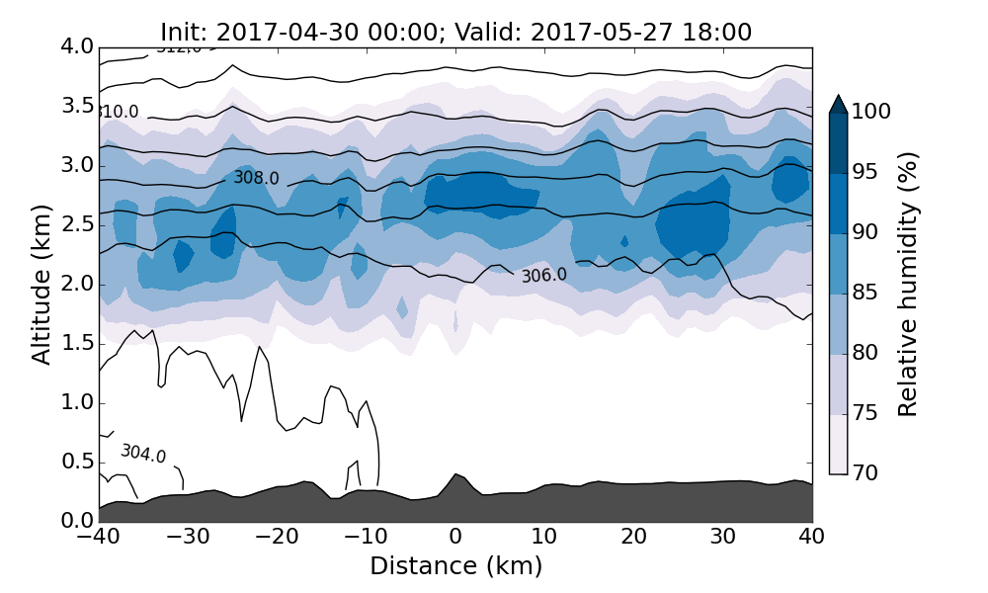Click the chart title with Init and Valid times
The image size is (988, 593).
455,33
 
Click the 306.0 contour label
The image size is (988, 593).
544,276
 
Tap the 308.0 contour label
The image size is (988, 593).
256,179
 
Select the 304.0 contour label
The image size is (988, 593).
143,454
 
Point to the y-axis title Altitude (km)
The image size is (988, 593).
41,285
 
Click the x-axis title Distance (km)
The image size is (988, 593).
455,566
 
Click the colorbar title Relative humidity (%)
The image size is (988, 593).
909,285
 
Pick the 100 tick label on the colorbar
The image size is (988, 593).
870,113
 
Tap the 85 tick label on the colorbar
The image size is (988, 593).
866,294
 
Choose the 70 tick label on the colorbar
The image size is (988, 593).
866,473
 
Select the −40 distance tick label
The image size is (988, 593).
100,537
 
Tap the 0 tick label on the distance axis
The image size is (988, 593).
455,537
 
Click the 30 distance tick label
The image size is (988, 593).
723,537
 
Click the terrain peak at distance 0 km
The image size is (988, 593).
455,476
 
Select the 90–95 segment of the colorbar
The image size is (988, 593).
838,204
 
